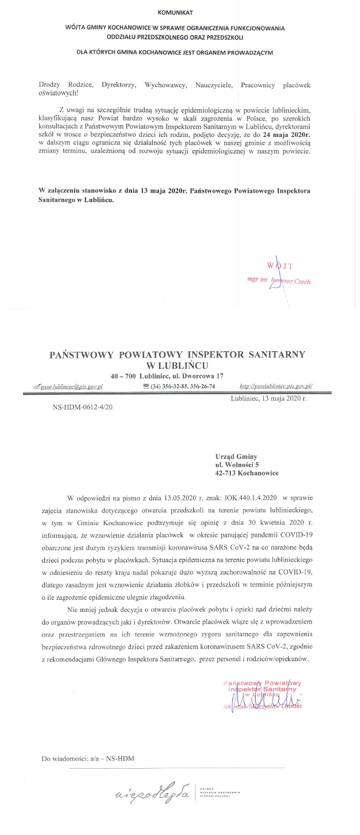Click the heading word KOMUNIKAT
point(176,12)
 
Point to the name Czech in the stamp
point(301,281)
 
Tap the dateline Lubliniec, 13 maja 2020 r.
point(268,398)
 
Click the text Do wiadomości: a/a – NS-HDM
point(88,758)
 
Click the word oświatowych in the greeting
point(59,92)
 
